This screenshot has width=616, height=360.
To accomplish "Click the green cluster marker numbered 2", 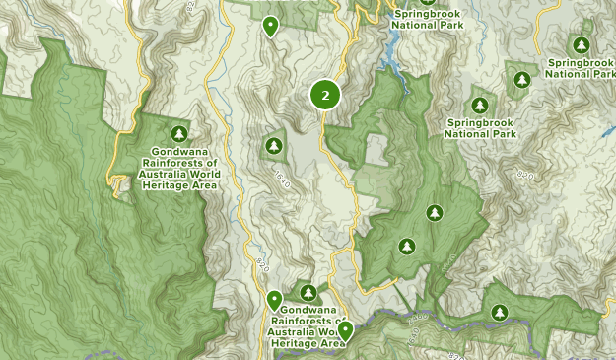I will (325, 95).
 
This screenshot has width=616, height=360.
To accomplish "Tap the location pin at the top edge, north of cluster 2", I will (270, 26).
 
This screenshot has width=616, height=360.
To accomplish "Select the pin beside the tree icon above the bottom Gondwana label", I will (275, 299).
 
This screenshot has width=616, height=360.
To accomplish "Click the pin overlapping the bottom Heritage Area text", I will (345, 330).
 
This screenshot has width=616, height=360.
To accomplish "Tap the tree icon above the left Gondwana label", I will (178, 133).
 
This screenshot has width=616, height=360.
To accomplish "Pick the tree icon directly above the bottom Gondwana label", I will (308, 293).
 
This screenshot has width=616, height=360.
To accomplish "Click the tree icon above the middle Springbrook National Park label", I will (480, 105).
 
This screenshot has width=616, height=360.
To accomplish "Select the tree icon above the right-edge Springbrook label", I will (581, 45).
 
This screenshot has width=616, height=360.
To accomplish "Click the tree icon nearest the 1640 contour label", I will (273, 147).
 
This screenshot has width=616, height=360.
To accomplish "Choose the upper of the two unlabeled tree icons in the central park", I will (433, 213).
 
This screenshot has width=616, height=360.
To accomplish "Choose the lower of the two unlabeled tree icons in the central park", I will (406, 246).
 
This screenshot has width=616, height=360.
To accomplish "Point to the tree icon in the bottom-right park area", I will (500, 313).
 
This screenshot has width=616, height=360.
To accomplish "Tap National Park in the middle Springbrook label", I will (481, 133).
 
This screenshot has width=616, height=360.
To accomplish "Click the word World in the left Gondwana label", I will (202, 174).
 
